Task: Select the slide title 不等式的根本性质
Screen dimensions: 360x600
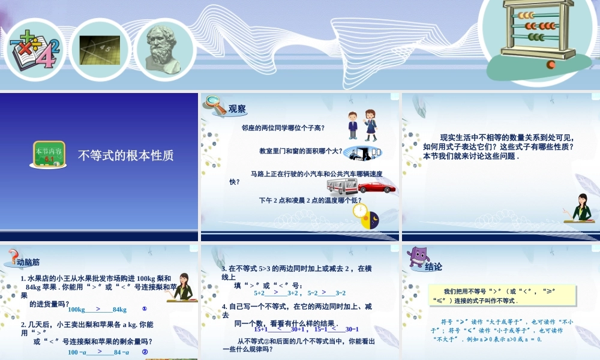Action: tap(126, 155)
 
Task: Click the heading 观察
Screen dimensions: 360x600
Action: tap(237, 109)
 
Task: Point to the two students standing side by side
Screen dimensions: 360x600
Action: tap(362, 125)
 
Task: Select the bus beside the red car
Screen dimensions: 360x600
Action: tap(342, 186)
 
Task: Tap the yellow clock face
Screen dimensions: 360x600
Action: tap(360, 211)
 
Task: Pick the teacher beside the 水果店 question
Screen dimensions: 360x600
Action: tap(182, 286)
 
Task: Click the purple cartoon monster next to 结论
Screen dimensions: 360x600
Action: tap(417, 257)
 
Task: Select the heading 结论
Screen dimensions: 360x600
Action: tap(433, 266)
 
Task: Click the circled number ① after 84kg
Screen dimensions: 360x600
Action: tap(145, 309)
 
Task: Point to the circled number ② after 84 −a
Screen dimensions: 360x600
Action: tap(145, 352)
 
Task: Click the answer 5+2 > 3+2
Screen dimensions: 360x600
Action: tap(276, 293)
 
